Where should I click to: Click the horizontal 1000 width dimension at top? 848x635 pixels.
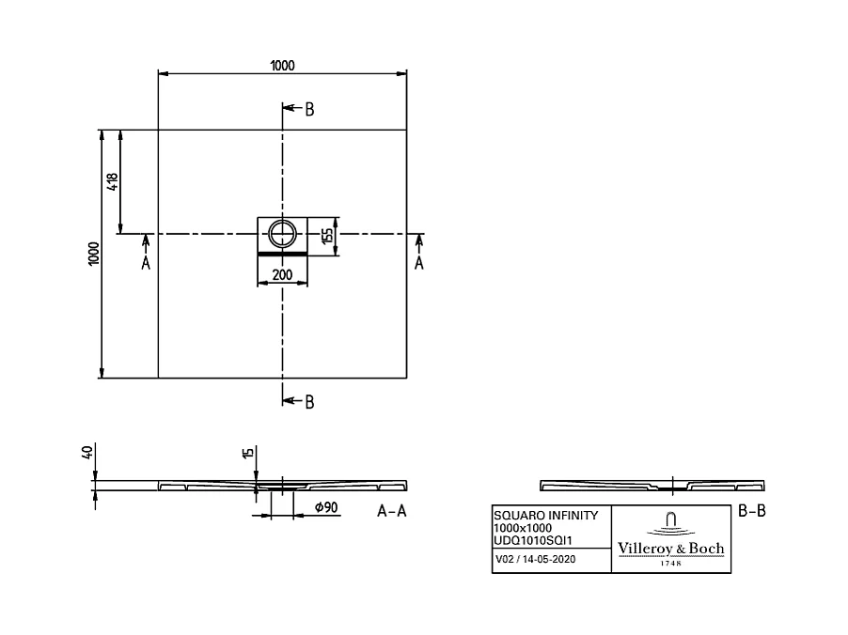(282, 65)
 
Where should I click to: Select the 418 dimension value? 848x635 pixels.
(113, 181)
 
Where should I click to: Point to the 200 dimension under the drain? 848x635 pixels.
(281, 275)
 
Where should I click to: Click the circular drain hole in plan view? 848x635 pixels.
(282, 233)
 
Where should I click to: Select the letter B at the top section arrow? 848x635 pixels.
(309, 110)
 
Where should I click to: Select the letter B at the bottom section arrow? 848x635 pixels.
(309, 401)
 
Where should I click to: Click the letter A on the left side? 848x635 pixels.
(146, 263)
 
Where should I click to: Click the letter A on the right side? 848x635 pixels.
(419, 263)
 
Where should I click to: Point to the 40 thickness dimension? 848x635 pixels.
(87, 453)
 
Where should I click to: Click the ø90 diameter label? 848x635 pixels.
(325, 508)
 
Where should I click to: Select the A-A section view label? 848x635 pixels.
(394, 511)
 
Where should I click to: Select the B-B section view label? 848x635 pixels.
(753, 511)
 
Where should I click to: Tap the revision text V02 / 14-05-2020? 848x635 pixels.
(536, 560)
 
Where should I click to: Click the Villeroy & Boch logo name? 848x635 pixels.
(670, 549)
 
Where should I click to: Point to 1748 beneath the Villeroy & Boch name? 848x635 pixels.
(671, 563)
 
